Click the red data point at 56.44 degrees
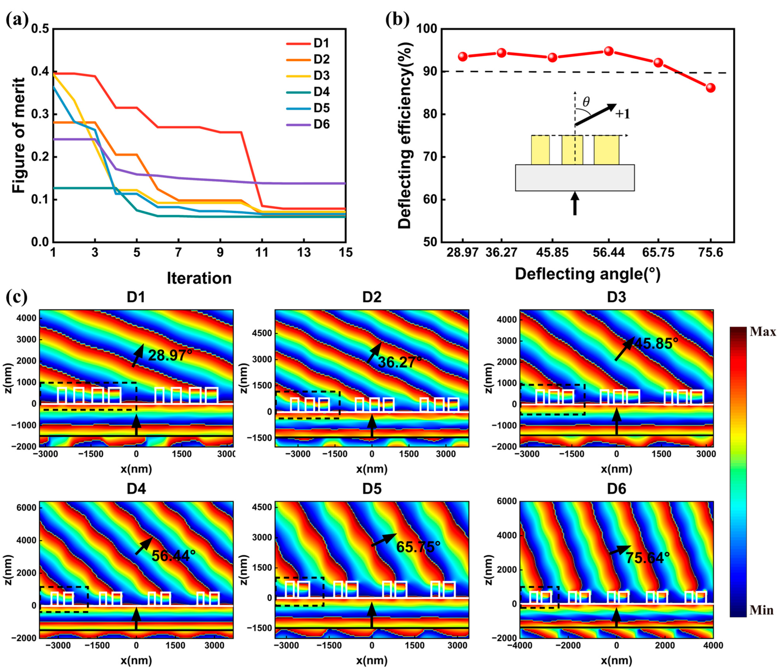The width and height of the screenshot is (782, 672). point(608,51)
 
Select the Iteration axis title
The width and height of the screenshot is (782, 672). point(199,278)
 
